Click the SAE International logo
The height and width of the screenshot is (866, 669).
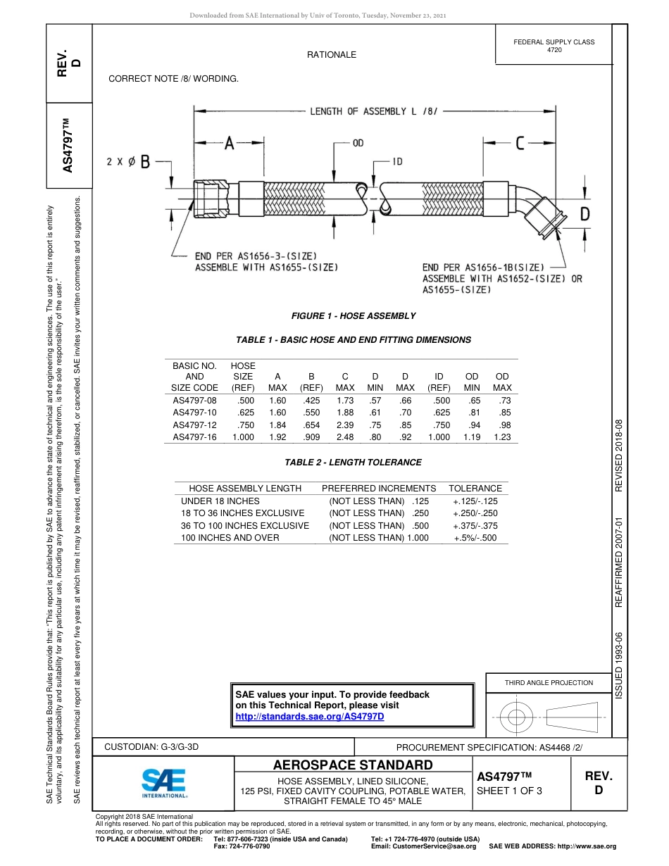pos(164,782)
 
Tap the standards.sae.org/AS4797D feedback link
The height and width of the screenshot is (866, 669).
pos(309,716)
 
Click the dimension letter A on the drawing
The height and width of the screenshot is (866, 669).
pos(229,144)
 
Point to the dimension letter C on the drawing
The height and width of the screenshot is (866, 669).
pos(520,144)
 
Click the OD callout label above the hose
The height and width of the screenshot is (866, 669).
pos(358,143)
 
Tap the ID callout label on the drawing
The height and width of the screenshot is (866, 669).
pos(397,162)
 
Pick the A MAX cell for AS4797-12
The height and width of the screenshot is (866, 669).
pos(277,425)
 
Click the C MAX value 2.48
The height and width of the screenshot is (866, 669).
pos(345,437)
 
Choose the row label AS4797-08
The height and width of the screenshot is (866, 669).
pos(195,400)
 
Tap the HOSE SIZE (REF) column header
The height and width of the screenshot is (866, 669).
pos(243,377)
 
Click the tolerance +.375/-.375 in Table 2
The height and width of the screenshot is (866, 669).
pos(475,525)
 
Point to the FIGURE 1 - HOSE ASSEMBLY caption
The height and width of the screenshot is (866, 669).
pos(354,316)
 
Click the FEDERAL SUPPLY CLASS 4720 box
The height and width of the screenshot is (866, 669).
pos(554,46)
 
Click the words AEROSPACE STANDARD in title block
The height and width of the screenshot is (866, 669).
pos(353,765)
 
